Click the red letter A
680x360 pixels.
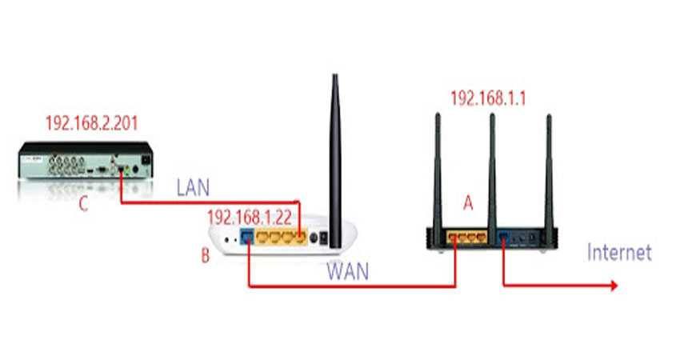pos(470,205)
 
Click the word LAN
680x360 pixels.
pos(193,189)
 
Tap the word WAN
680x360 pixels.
pos(348,272)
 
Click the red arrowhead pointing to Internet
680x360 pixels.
pos(613,285)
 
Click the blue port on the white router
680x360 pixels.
pos(247,238)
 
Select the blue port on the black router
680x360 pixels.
pos(504,236)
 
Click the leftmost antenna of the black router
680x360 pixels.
pos(439,168)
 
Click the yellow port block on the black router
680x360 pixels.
pos(467,236)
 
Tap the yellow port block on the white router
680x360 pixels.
pos(281,238)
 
